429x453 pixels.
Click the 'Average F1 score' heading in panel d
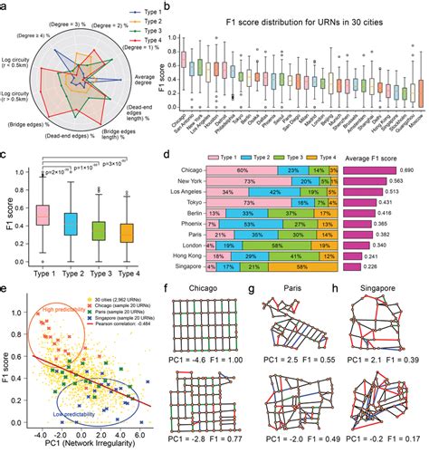(376, 181)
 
